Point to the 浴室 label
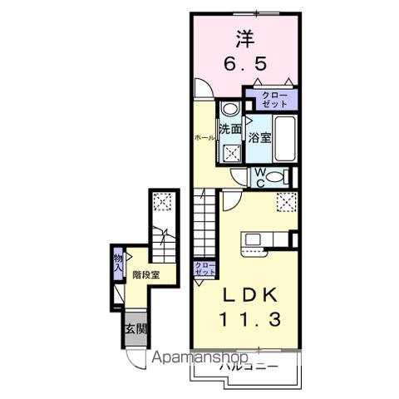[259, 138]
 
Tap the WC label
[259, 177]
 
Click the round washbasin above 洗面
[230, 109]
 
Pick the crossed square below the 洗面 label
[229, 152]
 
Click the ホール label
[204, 136]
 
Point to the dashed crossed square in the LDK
[288, 200]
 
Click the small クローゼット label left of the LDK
[204, 268]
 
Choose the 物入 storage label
[118, 265]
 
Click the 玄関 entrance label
[135, 328]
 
